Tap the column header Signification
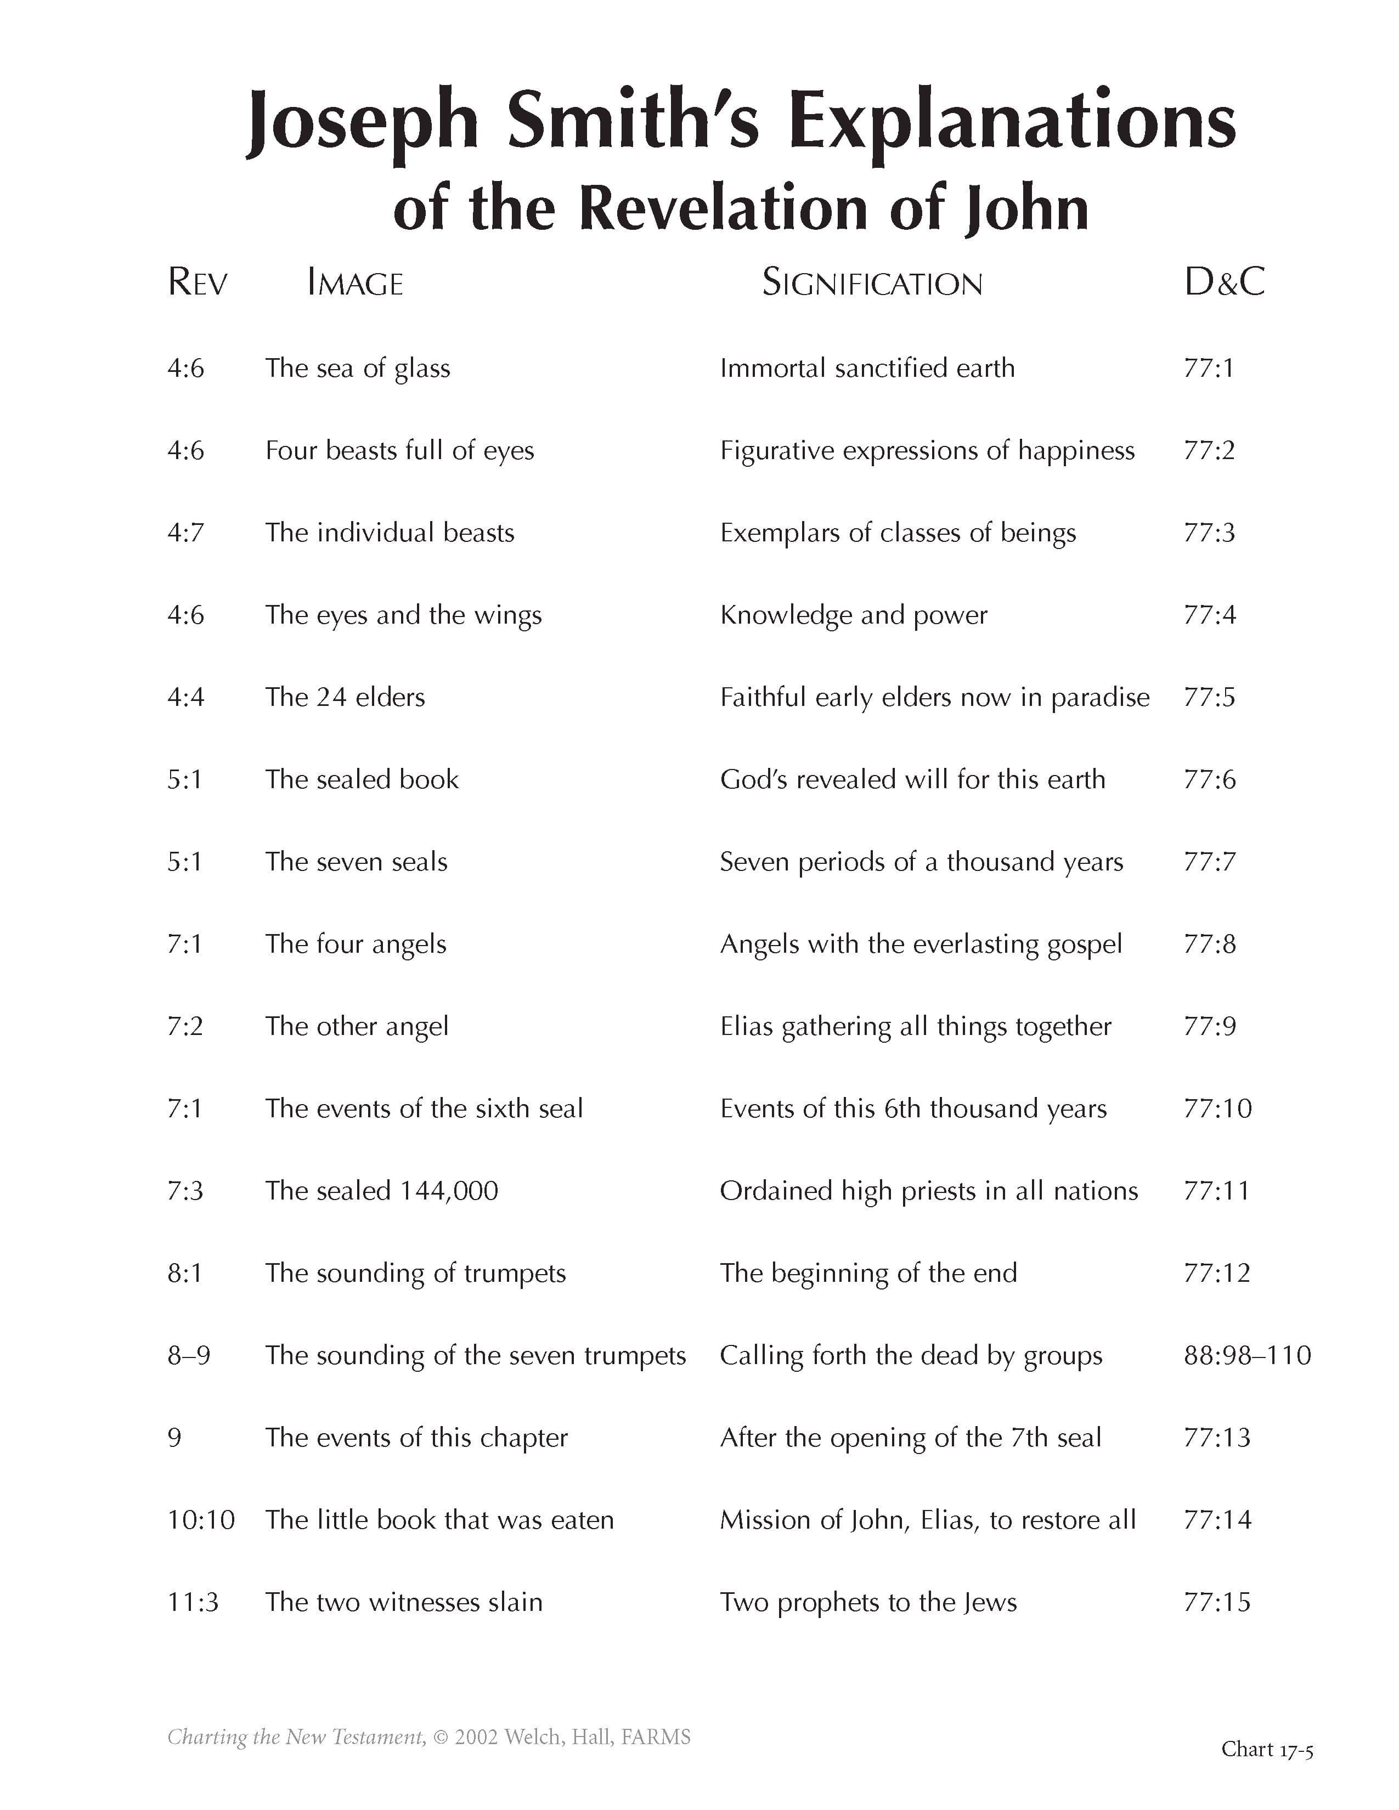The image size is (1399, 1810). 872,284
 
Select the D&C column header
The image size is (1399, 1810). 1224,282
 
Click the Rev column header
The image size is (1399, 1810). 198,282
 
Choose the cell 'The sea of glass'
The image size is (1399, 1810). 357,369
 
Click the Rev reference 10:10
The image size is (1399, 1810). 201,1520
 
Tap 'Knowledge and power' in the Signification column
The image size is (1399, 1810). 854,615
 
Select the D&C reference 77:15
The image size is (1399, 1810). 1217,1602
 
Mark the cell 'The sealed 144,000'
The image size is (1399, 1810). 381,1191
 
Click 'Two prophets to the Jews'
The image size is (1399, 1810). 868,1602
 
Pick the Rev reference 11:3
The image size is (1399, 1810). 193,1602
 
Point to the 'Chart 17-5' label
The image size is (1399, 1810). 1266,1749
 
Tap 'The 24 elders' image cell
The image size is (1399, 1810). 345,697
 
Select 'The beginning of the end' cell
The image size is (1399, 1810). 868,1273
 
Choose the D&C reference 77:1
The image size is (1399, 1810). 1209,369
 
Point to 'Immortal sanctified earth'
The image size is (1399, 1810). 867,369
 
